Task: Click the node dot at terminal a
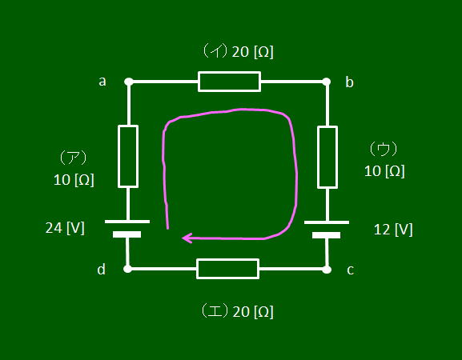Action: click(x=128, y=82)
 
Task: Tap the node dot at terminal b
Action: click(x=326, y=82)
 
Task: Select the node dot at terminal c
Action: click(x=327, y=269)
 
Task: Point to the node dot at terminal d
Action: click(x=127, y=269)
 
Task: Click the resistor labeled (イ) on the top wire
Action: click(x=229, y=82)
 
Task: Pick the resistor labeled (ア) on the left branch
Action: click(x=128, y=156)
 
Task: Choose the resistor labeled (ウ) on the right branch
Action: click(x=327, y=157)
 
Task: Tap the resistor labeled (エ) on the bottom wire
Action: click(x=227, y=269)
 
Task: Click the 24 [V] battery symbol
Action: click(x=127, y=229)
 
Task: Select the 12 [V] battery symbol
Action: click(x=327, y=230)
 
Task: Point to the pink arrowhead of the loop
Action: click(x=187, y=238)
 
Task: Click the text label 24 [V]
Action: click(x=65, y=228)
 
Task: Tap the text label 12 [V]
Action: click(x=393, y=230)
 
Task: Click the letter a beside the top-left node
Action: click(x=102, y=82)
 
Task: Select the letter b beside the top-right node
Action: click(x=349, y=82)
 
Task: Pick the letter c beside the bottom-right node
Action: click(x=350, y=270)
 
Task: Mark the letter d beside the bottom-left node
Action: click(x=102, y=269)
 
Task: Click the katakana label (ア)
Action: click(x=73, y=158)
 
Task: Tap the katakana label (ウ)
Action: click(x=384, y=149)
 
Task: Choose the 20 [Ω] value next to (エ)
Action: click(x=253, y=312)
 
